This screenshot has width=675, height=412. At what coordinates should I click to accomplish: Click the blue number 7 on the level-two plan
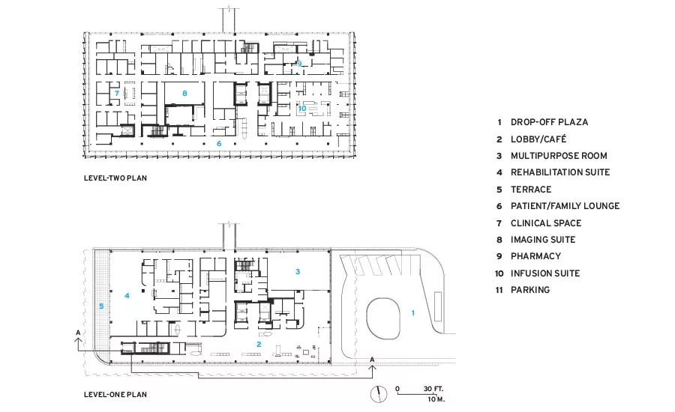point(117,93)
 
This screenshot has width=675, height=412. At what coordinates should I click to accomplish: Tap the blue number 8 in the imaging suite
point(184,93)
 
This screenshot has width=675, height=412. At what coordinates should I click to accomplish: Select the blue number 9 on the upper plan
point(299,64)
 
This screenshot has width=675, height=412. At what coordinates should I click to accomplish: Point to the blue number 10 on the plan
point(302,109)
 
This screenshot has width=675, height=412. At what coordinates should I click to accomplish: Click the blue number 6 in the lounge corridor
point(219,144)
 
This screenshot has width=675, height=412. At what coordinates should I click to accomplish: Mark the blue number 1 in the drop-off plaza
point(412,312)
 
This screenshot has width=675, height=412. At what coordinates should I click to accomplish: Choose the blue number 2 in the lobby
point(259,344)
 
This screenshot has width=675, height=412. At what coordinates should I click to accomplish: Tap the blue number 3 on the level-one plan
point(298,271)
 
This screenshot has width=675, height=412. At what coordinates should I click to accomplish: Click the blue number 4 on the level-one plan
point(127,295)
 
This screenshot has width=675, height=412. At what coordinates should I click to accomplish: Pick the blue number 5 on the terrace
point(101,306)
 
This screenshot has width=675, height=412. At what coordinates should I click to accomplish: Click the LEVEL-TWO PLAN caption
point(115,178)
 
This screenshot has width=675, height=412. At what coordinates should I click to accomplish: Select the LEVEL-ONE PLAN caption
point(115,394)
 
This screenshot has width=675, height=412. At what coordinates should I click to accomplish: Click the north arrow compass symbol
point(379,394)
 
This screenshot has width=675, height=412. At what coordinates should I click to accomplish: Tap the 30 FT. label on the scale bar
point(433,389)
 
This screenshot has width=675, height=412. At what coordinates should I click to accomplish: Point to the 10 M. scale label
point(436,399)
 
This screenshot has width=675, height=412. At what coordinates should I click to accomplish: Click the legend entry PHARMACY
point(535,256)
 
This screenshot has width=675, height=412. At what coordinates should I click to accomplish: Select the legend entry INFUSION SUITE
point(545,273)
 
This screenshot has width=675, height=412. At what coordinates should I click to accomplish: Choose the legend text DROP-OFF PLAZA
point(549,122)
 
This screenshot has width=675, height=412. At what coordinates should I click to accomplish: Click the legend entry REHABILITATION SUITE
point(560,172)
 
